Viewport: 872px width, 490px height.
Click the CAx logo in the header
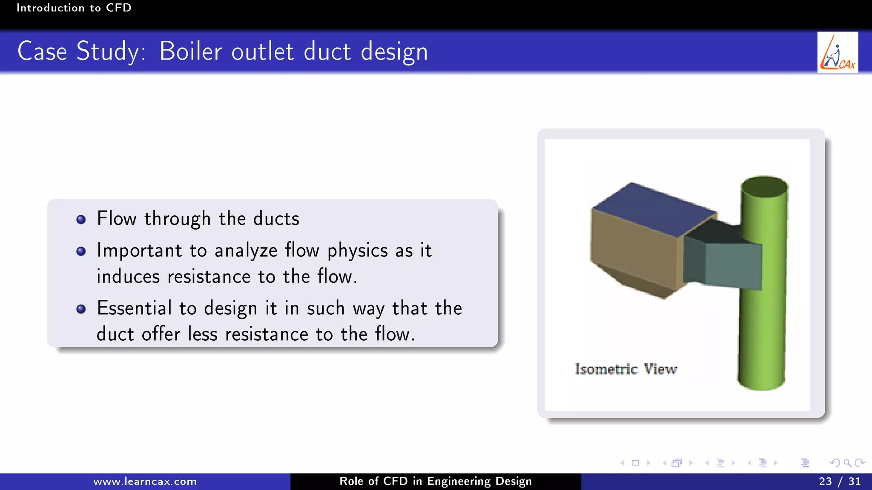837,52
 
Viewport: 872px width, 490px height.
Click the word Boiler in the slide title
190,51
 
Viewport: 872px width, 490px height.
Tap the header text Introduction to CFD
74,8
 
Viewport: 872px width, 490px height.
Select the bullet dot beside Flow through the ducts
81,219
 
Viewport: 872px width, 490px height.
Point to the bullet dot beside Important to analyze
81,251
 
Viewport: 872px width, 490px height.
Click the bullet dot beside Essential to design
81,309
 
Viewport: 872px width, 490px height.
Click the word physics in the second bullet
357,251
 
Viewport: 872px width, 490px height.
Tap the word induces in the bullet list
128,277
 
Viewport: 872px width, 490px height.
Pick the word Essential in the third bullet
134,308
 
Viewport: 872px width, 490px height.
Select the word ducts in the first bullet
276,219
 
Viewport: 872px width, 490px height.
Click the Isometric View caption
625,369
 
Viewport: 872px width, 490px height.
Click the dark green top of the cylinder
764,187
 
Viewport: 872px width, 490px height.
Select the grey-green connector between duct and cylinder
732,266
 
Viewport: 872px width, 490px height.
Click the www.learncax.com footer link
145,481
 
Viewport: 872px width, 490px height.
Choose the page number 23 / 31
839,481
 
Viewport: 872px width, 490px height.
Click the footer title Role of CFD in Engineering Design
435,481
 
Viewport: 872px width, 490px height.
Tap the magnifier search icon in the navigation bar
847,463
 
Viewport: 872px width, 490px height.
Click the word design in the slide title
394,52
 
